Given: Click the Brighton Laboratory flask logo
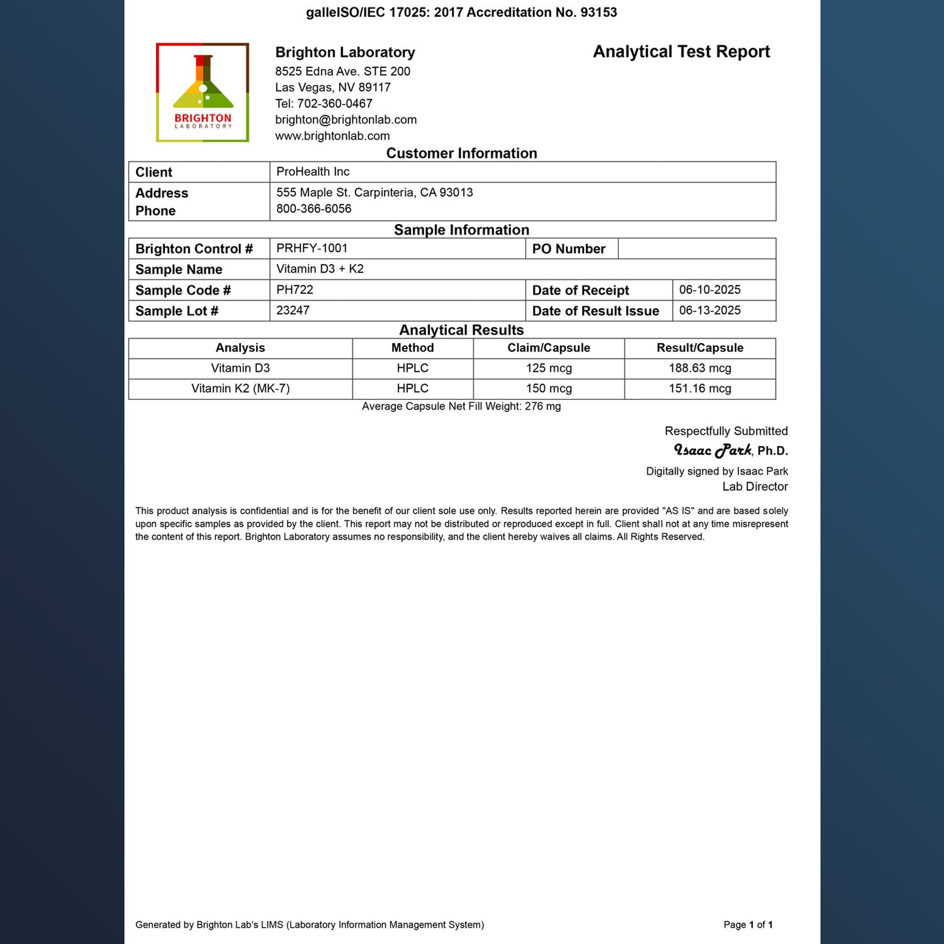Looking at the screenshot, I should coord(203,92).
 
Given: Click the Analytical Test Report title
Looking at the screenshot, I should coord(681,52).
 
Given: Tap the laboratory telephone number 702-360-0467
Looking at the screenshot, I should coord(334,103).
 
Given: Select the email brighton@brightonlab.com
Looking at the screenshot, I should coord(346,120).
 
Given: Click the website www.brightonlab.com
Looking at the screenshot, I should coord(332,136).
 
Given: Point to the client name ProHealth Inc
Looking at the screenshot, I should coord(312,172).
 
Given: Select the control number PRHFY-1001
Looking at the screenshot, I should coord(312,248).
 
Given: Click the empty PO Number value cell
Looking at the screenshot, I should coord(696,249).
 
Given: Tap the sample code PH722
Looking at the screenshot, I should coord(295,289).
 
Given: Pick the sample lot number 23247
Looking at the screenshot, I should coord(293,310).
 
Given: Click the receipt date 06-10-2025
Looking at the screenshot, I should coord(709,289).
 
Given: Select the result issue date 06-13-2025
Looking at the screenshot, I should coord(709,310).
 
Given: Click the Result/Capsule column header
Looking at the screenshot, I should coord(700,348).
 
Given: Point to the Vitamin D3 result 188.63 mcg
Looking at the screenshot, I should coord(700,368).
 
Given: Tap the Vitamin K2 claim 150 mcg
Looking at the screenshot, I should coord(549,389).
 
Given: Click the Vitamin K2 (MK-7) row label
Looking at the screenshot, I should coord(240,389).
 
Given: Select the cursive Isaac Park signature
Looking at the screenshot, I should coord(713,450).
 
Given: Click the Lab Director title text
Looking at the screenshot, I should coord(755,487).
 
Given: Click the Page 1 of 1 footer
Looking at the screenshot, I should coord(748,924).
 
